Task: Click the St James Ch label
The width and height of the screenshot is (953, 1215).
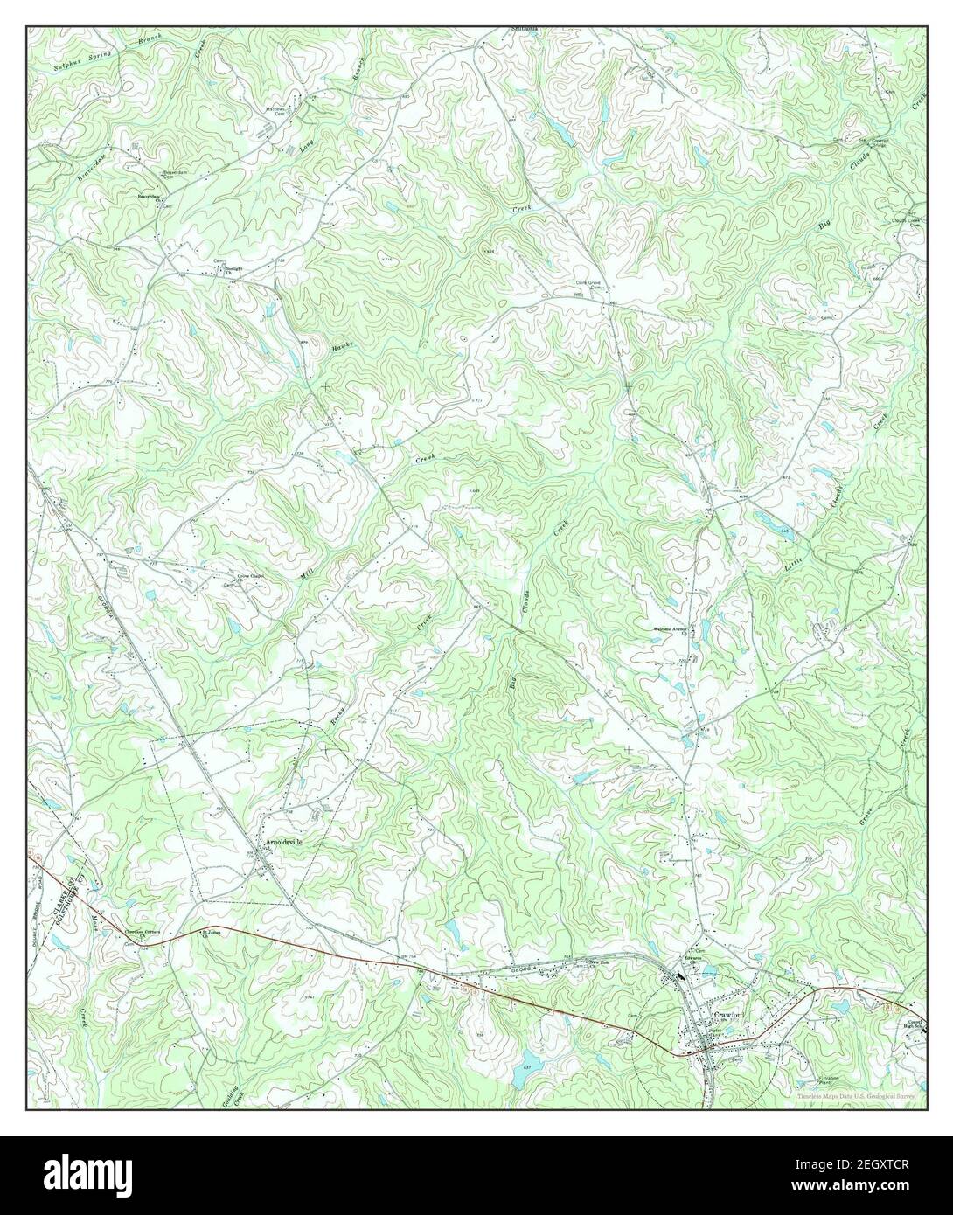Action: point(207,933)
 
